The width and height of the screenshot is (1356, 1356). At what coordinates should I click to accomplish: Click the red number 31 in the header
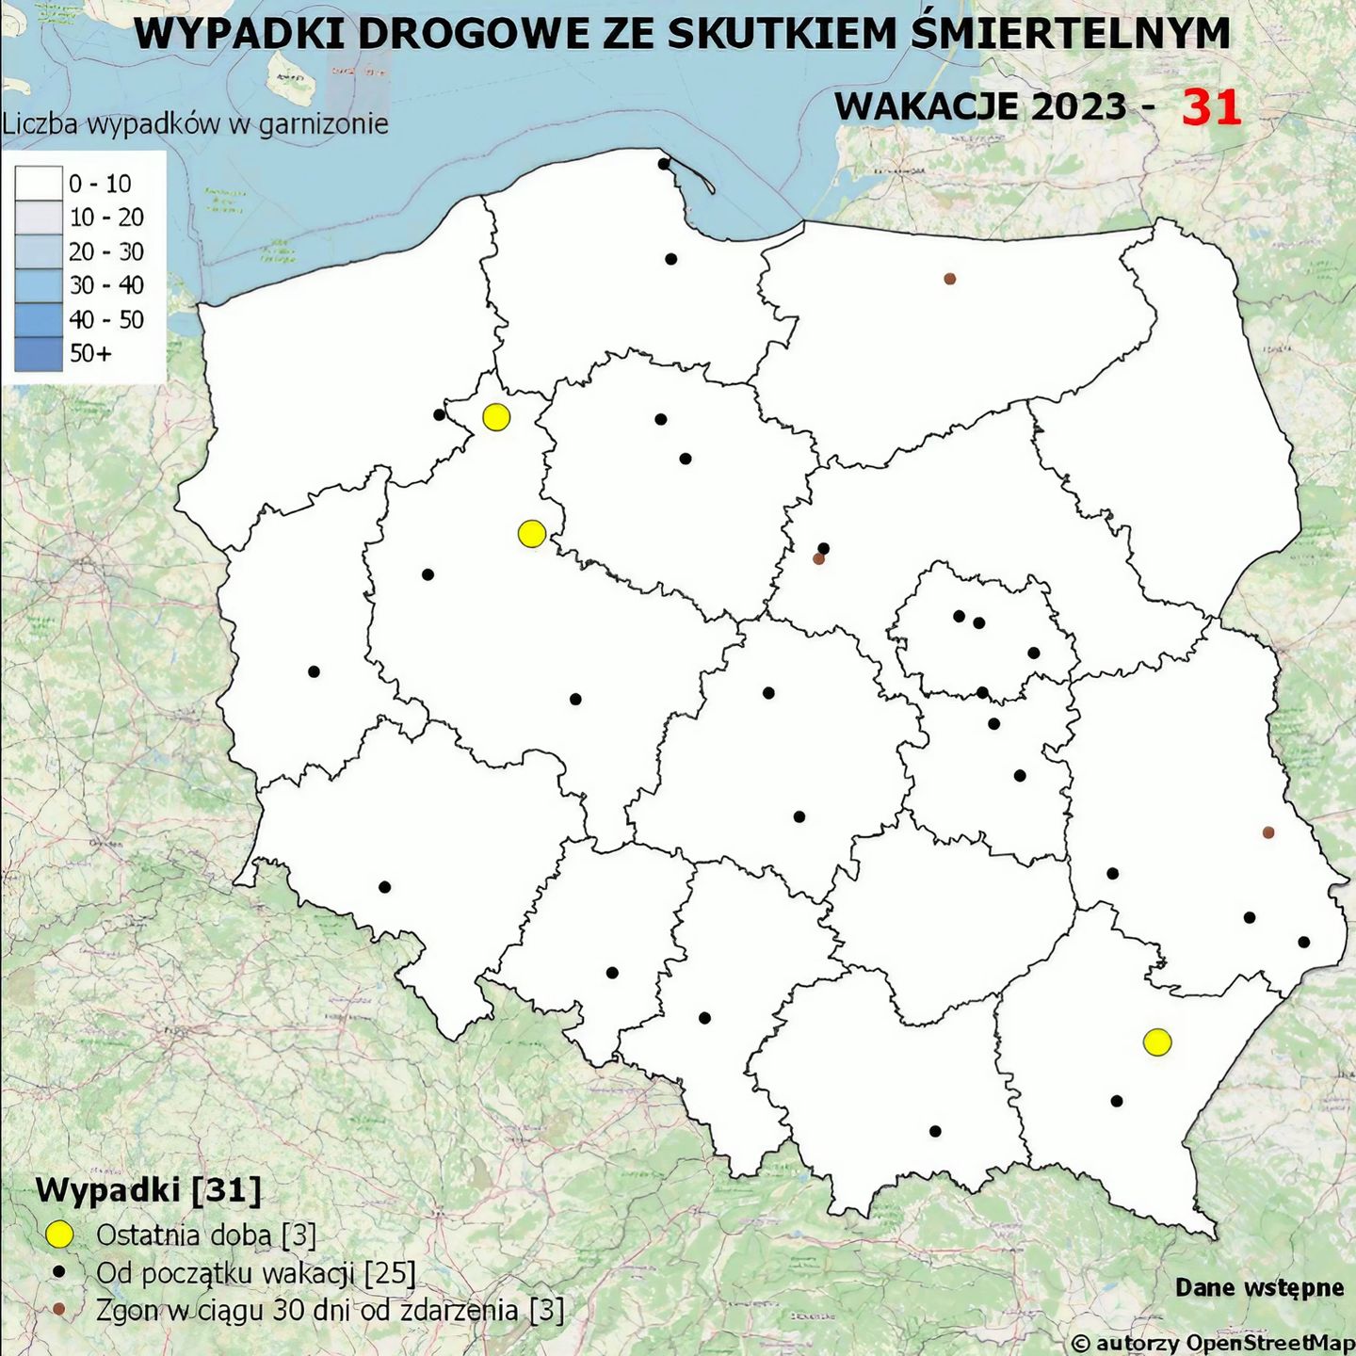pyautogui.click(x=1211, y=107)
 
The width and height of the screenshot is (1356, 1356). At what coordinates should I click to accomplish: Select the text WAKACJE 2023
pyautogui.click(x=980, y=106)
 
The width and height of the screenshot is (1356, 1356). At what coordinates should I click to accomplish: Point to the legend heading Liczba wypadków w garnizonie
pyautogui.click(x=195, y=123)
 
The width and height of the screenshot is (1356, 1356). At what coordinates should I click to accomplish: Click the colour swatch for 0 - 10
pyautogui.click(x=39, y=184)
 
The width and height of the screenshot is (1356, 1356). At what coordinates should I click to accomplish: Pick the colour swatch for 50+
pyautogui.click(x=39, y=353)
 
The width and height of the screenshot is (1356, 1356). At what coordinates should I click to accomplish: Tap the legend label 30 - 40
pyautogui.click(x=106, y=285)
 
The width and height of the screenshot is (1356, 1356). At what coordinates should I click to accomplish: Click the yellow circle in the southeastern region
pyautogui.click(x=1157, y=1041)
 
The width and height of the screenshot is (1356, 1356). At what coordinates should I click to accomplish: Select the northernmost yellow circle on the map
pyautogui.click(x=496, y=416)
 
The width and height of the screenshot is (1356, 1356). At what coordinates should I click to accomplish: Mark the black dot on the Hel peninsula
pyautogui.click(x=664, y=164)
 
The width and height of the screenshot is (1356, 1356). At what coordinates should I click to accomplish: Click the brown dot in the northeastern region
pyautogui.click(x=950, y=279)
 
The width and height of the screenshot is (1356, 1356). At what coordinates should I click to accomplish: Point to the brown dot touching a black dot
pyautogui.click(x=818, y=558)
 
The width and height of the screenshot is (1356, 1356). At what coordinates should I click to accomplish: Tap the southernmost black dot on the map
pyautogui.click(x=935, y=1131)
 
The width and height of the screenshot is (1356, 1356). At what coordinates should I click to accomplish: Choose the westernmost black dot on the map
pyautogui.click(x=314, y=671)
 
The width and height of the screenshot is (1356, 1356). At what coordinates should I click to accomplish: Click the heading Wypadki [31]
pyautogui.click(x=148, y=1190)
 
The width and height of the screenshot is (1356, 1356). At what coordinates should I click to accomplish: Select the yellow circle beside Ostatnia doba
pyautogui.click(x=59, y=1235)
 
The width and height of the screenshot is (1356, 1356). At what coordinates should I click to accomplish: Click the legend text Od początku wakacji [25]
pyautogui.click(x=255, y=1273)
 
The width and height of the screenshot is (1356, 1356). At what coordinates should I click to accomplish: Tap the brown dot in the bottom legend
pyautogui.click(x=59, y=1310)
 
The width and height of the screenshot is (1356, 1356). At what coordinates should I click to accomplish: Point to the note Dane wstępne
pyautogui.click(x=1259, y=1287)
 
